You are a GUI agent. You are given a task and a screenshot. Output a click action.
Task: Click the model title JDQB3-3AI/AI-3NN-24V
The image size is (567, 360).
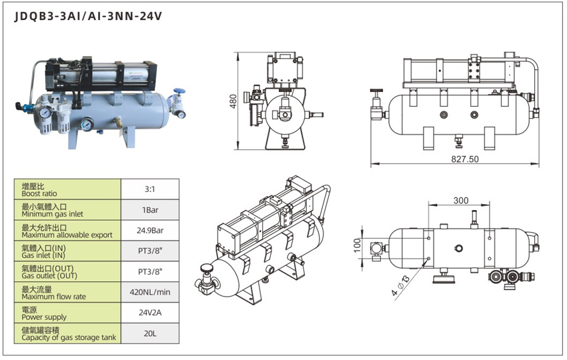click(x=88, y=17)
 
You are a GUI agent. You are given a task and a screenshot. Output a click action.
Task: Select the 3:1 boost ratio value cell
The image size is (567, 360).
click(x=149, y=189)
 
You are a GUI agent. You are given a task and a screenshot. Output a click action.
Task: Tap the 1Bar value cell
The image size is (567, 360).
click(x=149, y=210)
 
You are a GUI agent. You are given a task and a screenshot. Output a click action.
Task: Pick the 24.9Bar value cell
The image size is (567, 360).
click(x=149, y=231)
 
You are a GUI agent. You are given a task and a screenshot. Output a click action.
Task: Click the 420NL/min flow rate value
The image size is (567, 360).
click(x=149, y=292)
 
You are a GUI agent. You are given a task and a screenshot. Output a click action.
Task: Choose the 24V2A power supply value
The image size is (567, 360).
click(x=149, y=313)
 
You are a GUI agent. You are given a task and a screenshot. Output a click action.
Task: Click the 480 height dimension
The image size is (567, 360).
click(x=233, y=100)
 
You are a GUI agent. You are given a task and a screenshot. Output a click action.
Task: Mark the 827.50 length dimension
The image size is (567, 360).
click(x=465, y=159)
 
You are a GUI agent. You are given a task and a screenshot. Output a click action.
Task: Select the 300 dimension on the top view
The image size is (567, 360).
click(x=461, y=201)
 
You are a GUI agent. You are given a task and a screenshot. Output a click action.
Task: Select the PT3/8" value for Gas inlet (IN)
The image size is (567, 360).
click(x=149, y=251)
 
